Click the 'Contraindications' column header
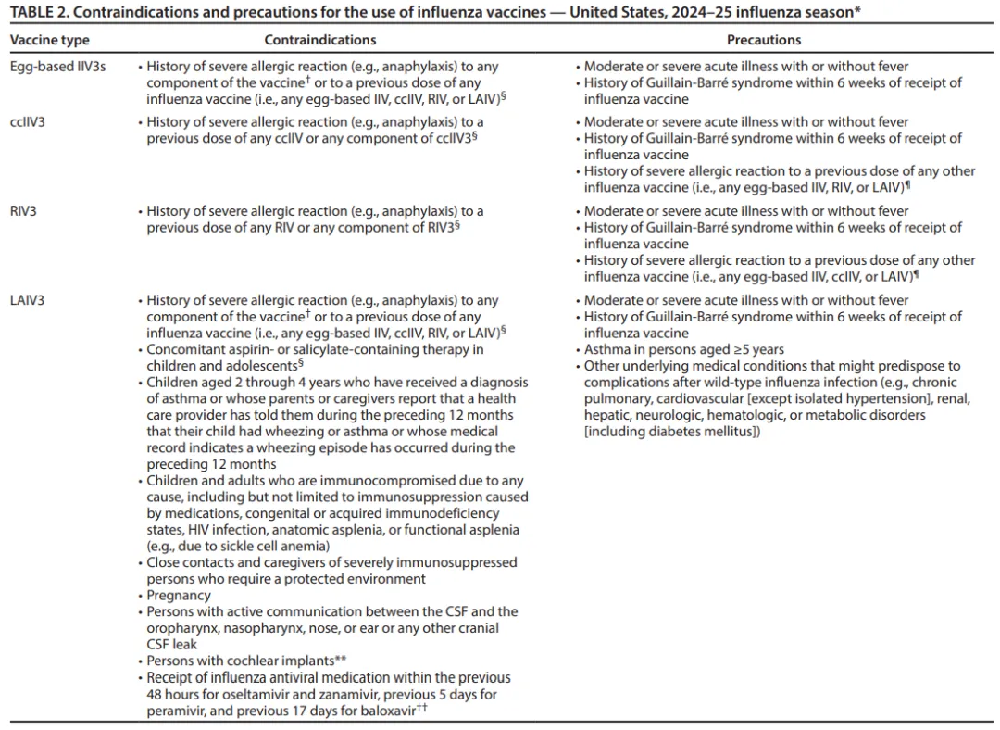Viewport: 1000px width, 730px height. [x=320, y=40]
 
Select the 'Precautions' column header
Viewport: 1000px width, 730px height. [x=764, y=40]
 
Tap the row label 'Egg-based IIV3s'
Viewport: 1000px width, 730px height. [x=56, y=67]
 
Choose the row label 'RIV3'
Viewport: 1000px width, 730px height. [x=24, y=211]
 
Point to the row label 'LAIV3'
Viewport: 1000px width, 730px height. [x=29, y=300]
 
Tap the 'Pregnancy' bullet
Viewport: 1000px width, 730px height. [x=179, y=596]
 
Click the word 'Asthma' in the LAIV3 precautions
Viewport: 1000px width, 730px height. [x=606, y=349]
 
